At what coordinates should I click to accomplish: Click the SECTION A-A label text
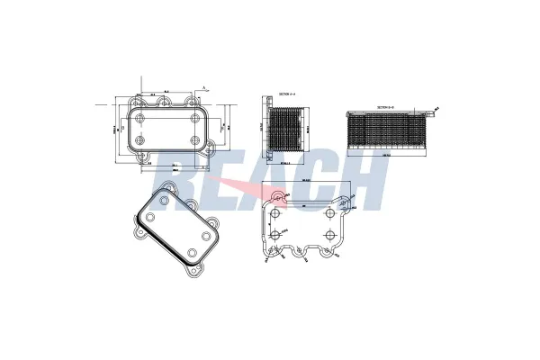286,94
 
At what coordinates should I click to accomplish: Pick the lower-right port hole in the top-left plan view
194,141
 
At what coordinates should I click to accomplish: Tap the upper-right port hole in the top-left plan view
194,117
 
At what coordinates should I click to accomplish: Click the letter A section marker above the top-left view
204,87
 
